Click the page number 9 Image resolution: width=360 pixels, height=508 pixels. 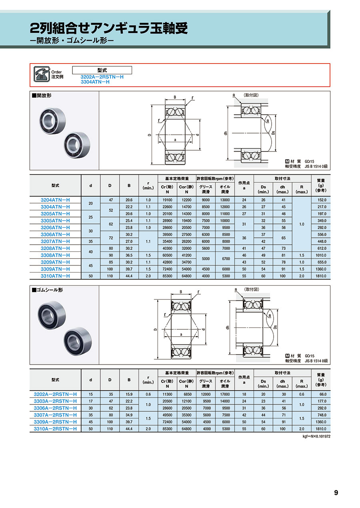(x=336, y=492)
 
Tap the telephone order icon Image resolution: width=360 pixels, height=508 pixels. (x=41, y=75)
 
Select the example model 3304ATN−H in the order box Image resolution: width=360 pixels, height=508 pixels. (x=95, y=82)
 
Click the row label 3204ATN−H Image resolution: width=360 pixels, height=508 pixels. (x=56, y=200)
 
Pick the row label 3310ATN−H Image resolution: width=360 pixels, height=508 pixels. (x=56, y=276)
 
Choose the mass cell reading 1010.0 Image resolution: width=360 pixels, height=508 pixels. (x=322, y=255)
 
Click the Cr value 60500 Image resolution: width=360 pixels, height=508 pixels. (x=167, y=255)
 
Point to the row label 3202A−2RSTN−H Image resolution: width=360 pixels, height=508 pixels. (x=56, y=394)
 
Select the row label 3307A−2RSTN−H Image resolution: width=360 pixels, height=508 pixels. (x=56, y=415)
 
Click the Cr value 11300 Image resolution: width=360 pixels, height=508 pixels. (x=167, y=394)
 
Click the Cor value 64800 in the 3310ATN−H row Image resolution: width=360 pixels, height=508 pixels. (x=186, y=276)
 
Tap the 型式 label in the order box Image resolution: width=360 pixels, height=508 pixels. (x=102, y=70)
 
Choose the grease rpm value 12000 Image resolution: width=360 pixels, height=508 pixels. (x=206, y=394)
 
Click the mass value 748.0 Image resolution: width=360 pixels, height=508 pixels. (x=322, y=415)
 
